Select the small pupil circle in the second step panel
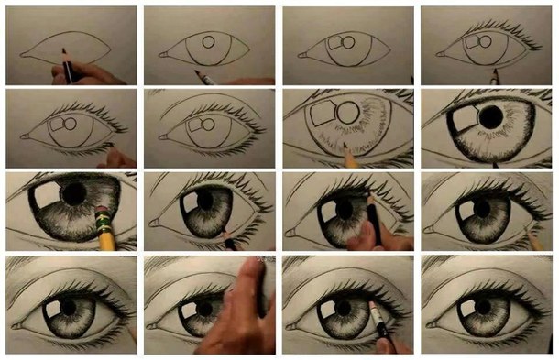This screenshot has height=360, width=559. click(208, 41)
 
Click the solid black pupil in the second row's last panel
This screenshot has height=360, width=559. click(490, 115)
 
